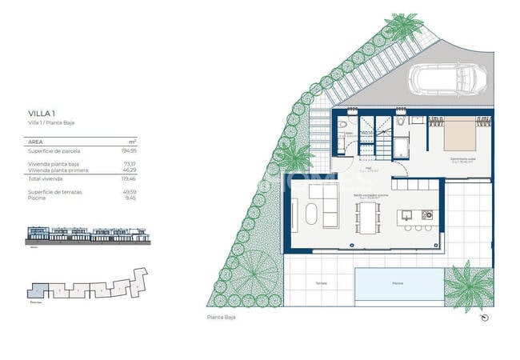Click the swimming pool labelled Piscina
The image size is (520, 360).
tap(397, 284)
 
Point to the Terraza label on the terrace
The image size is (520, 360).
tap(321, 284)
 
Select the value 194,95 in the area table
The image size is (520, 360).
tap(126, 150)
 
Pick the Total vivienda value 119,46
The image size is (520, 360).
tap(126, 179)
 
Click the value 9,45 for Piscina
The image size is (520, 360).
tap(130, 198)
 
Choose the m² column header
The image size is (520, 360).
tap(132, 140)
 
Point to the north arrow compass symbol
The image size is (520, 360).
tap(484, 318)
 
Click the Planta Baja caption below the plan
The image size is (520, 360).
tap(221, 318)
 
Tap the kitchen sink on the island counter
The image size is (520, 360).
tap(407, 214)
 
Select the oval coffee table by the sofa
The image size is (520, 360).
tap(311, 216)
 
